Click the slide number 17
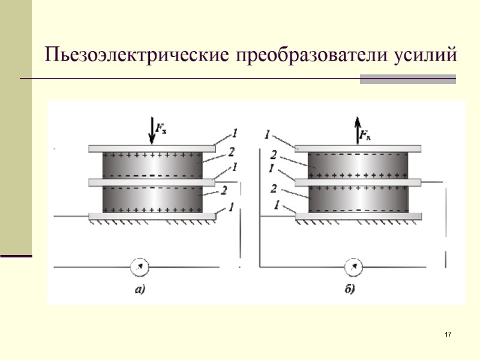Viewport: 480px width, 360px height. click(448, 334)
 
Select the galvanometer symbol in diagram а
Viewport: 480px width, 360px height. click(139, 265)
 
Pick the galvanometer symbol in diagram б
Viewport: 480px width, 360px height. click(355, 265)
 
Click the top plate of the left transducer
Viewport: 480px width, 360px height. click(152, 148)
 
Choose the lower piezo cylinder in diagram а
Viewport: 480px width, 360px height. click(152, 199)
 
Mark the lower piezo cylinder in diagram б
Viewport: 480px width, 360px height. click(358, 199)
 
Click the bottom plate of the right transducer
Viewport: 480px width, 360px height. click(358, 216)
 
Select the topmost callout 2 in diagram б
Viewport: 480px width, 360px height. click(274, 153)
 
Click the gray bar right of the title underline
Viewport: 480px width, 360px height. click(408, 79)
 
